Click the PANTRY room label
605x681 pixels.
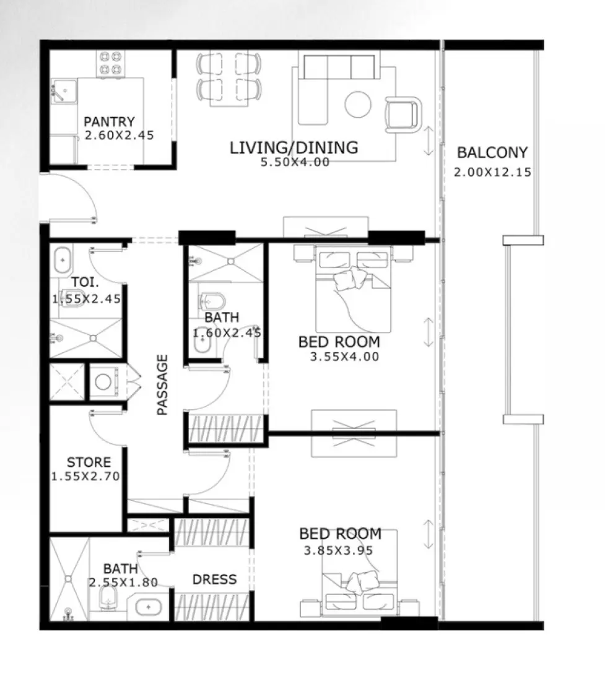pyautogui.click(x=109, y=121)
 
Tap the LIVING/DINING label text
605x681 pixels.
pyautogui.click(x=294, y=147)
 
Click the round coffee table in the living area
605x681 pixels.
pyautogui.click(x=359, y=104)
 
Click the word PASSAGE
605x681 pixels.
pyautogui.click(x=162, y=384)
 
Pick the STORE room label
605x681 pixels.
pyautogui.click(x=89, y=462)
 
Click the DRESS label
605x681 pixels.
pyautogui.click(x=214, y=579)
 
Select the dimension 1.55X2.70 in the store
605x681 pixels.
pyautogui.click(x=85, y=477)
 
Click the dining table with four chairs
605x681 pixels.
pyautogui.click(x=229, y=78)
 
